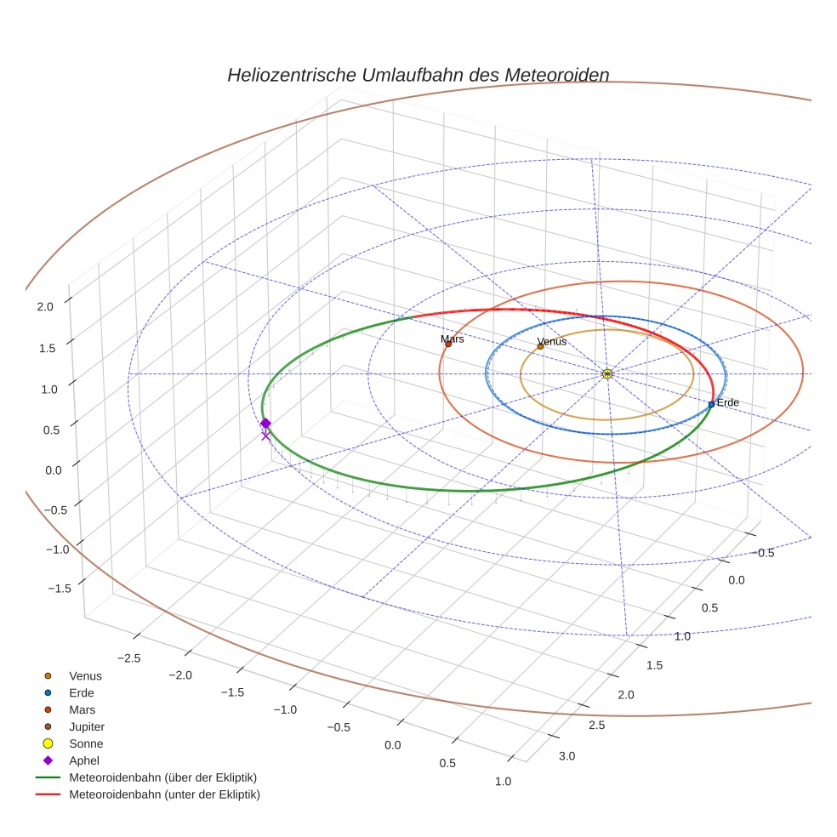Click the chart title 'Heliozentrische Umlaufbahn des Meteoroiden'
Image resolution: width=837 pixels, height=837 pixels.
click(418, 75)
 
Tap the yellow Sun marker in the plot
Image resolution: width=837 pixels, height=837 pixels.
click(607, 373)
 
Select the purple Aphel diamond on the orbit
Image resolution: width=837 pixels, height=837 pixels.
click(265, 423)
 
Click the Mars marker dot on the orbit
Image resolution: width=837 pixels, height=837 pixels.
click(448, 344)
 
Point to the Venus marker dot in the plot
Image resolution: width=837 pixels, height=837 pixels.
click(540, 346)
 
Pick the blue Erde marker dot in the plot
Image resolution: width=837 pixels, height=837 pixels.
click(711, 404)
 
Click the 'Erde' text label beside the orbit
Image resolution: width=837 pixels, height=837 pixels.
click(728, 401)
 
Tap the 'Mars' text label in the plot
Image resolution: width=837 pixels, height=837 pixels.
click(453, 339)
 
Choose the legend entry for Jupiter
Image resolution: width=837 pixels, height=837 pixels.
click(87, 726)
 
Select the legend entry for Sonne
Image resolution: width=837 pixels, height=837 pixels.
click(86, 743)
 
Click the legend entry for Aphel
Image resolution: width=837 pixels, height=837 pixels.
click(84, 760)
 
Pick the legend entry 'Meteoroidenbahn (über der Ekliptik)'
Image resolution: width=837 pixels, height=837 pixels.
click(162, 777)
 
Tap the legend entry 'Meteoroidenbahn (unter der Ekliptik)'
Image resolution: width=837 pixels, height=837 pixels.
click(164, 794)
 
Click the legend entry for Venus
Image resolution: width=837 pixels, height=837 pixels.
click(85, 675)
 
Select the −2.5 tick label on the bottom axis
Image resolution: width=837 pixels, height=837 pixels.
click(129, 658)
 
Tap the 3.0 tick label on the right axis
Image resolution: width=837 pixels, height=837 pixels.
click(567, 756)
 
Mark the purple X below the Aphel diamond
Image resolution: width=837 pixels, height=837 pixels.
click(265, 436)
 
